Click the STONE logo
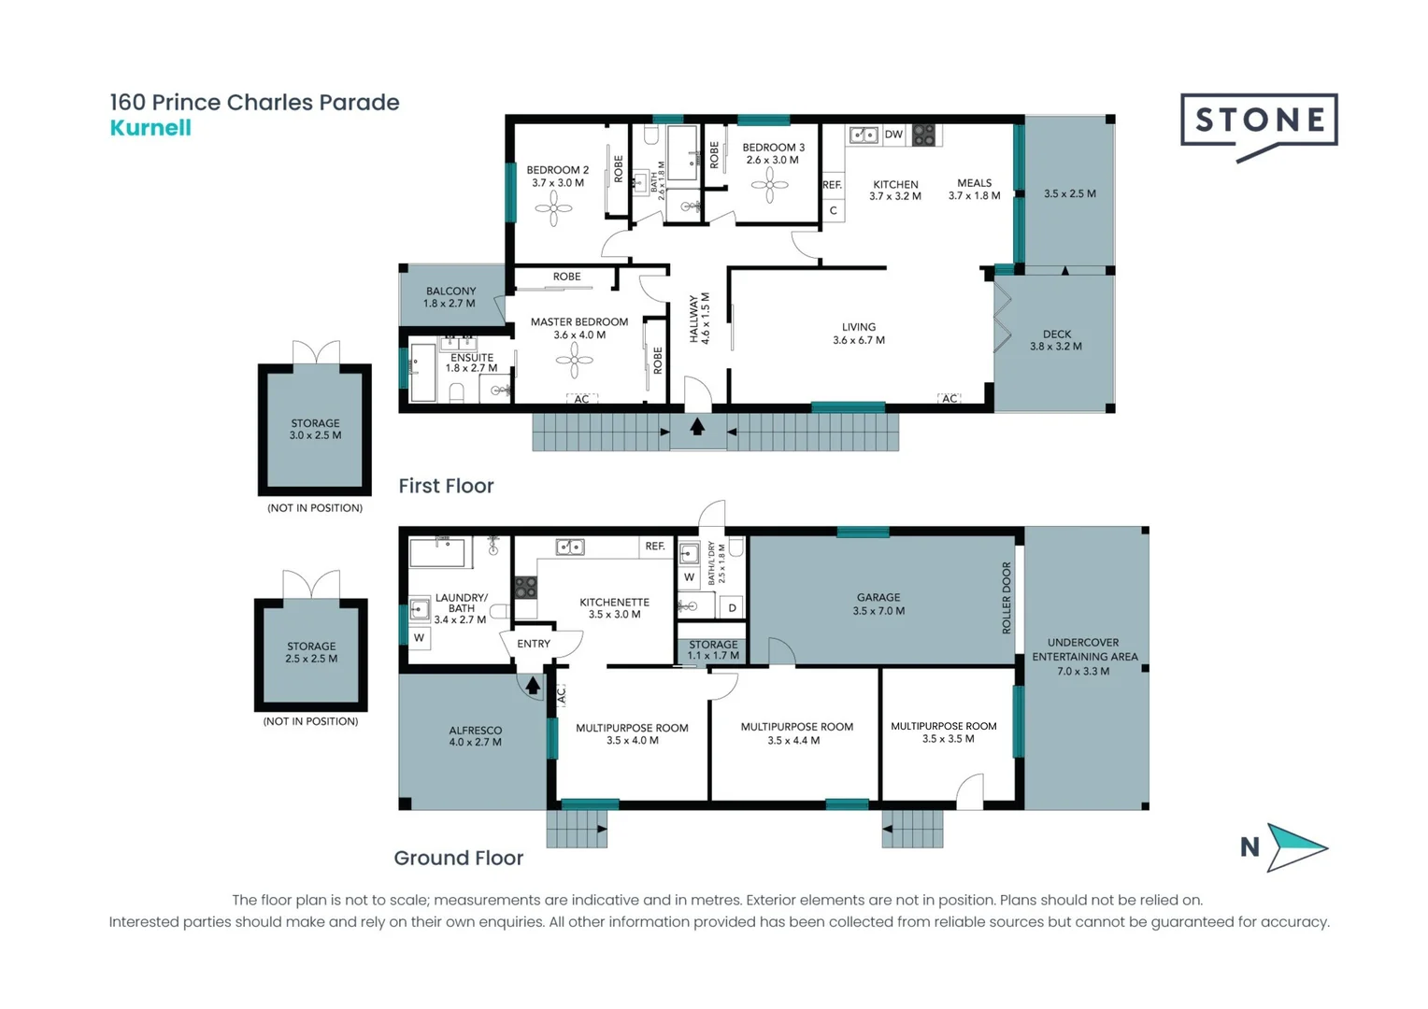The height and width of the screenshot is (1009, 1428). click(1259, 121)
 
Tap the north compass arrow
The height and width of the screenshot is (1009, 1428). click(1295, 846)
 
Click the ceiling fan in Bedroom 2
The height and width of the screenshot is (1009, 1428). click(553, 209)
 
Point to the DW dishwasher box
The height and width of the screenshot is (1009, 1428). click(893, 135)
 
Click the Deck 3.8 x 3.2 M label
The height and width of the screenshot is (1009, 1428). click(1056, 340)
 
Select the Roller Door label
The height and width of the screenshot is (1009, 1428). click(1007, 598)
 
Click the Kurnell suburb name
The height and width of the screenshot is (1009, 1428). click(150, 128)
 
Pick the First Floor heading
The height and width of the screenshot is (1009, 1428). click(446, 486)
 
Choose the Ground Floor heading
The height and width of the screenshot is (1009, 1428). click(458, 858)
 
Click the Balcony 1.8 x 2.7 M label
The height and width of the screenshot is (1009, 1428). click(450, 297)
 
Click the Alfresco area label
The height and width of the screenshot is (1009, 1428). click(475, 736)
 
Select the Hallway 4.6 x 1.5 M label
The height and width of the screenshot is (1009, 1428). click(699, 319)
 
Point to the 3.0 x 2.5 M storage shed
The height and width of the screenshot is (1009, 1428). click(315, 429)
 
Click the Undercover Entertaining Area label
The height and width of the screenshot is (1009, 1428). click(1084, 657)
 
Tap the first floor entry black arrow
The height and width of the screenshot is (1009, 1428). click(697, 426)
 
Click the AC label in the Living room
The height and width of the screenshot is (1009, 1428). click(950, 398)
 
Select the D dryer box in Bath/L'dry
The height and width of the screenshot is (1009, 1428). click(732, 607)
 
